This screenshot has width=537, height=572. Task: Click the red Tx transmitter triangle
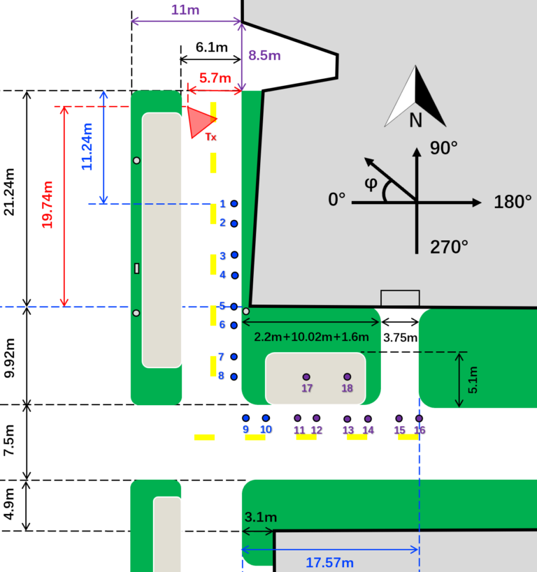199,121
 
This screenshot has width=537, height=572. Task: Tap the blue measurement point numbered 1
234,203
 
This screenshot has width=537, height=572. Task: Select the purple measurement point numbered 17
306,377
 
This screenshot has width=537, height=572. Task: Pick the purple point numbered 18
347,376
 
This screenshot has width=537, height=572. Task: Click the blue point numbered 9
246,418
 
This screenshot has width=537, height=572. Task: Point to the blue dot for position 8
234,376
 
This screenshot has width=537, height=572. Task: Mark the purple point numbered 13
348,419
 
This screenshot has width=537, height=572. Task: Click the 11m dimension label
185,10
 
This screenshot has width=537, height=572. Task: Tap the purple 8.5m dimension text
264,55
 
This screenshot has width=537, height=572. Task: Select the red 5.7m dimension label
215,78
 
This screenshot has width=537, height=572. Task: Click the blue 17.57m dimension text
329,562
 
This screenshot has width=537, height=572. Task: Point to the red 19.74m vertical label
47,205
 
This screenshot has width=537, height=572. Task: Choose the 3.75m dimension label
400,337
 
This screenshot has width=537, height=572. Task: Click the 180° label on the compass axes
513,202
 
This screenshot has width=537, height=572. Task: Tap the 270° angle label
449,247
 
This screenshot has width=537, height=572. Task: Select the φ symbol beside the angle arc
371,183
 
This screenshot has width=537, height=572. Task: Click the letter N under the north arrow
416,120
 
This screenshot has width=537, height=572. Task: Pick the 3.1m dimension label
261,517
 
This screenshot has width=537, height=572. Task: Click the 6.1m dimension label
211,47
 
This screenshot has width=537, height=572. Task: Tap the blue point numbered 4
235,275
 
